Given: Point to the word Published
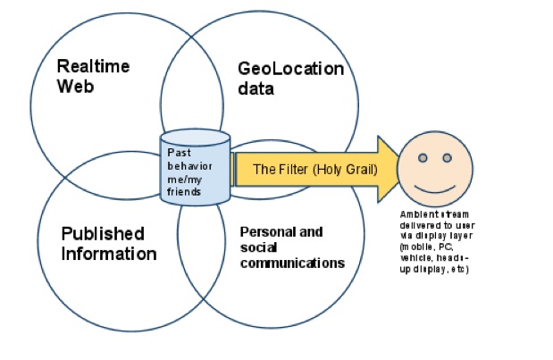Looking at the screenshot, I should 102,234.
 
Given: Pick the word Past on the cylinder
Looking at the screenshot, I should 178,152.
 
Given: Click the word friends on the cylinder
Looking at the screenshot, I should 185,191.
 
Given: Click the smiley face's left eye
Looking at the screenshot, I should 424,159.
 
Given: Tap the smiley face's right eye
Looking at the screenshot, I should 448,159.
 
